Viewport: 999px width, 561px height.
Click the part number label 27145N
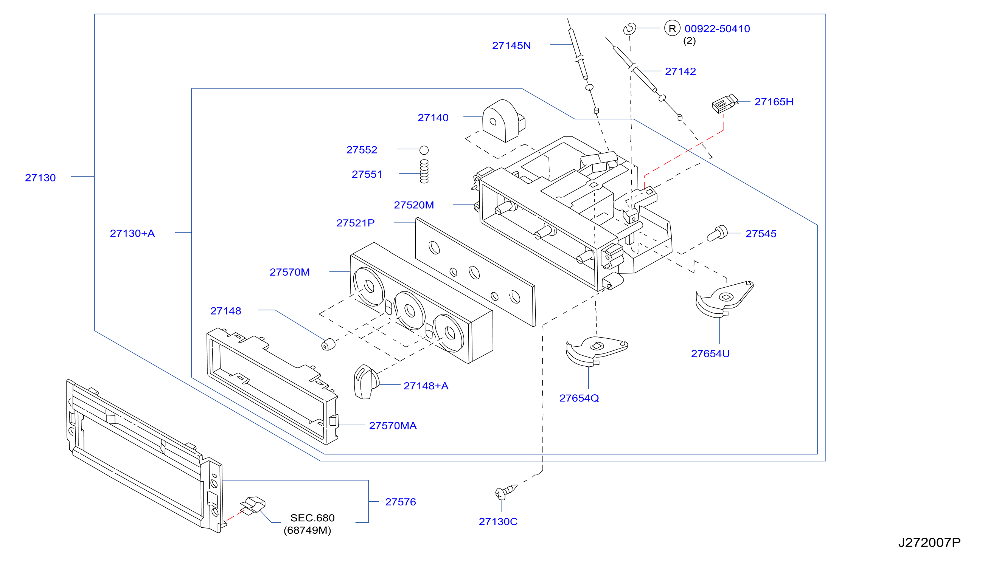tap(511, 45)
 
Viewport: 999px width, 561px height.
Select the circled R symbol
tap(672, 28)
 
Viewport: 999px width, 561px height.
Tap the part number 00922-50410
tap(717, 29)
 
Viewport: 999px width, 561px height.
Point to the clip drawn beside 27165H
tap(724, 104)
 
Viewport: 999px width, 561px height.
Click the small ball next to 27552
tap(424, 150)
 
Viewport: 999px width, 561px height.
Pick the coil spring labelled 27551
tap(424, 171)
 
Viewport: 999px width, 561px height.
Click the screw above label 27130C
tap(506, 492)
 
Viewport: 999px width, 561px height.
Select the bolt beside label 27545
tap(717, 233)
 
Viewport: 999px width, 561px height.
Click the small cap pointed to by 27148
tap(328, 344)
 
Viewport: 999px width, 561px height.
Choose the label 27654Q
tap(579, 398)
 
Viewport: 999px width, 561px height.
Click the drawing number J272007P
tap(929, 542)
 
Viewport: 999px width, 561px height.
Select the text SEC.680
tap(312, 518)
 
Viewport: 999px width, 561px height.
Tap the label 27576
tap(400, 502)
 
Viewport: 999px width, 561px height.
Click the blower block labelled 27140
tap(503, 121)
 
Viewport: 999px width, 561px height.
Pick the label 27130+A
tap(132, 233)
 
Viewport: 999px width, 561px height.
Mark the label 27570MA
tap(393, 426)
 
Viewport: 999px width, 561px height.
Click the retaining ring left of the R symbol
tap(629, 29)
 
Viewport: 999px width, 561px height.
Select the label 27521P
tap(355, 223)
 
